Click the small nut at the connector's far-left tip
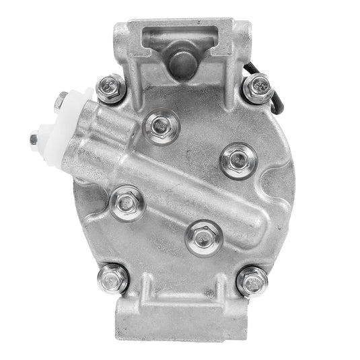coord(34,140)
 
